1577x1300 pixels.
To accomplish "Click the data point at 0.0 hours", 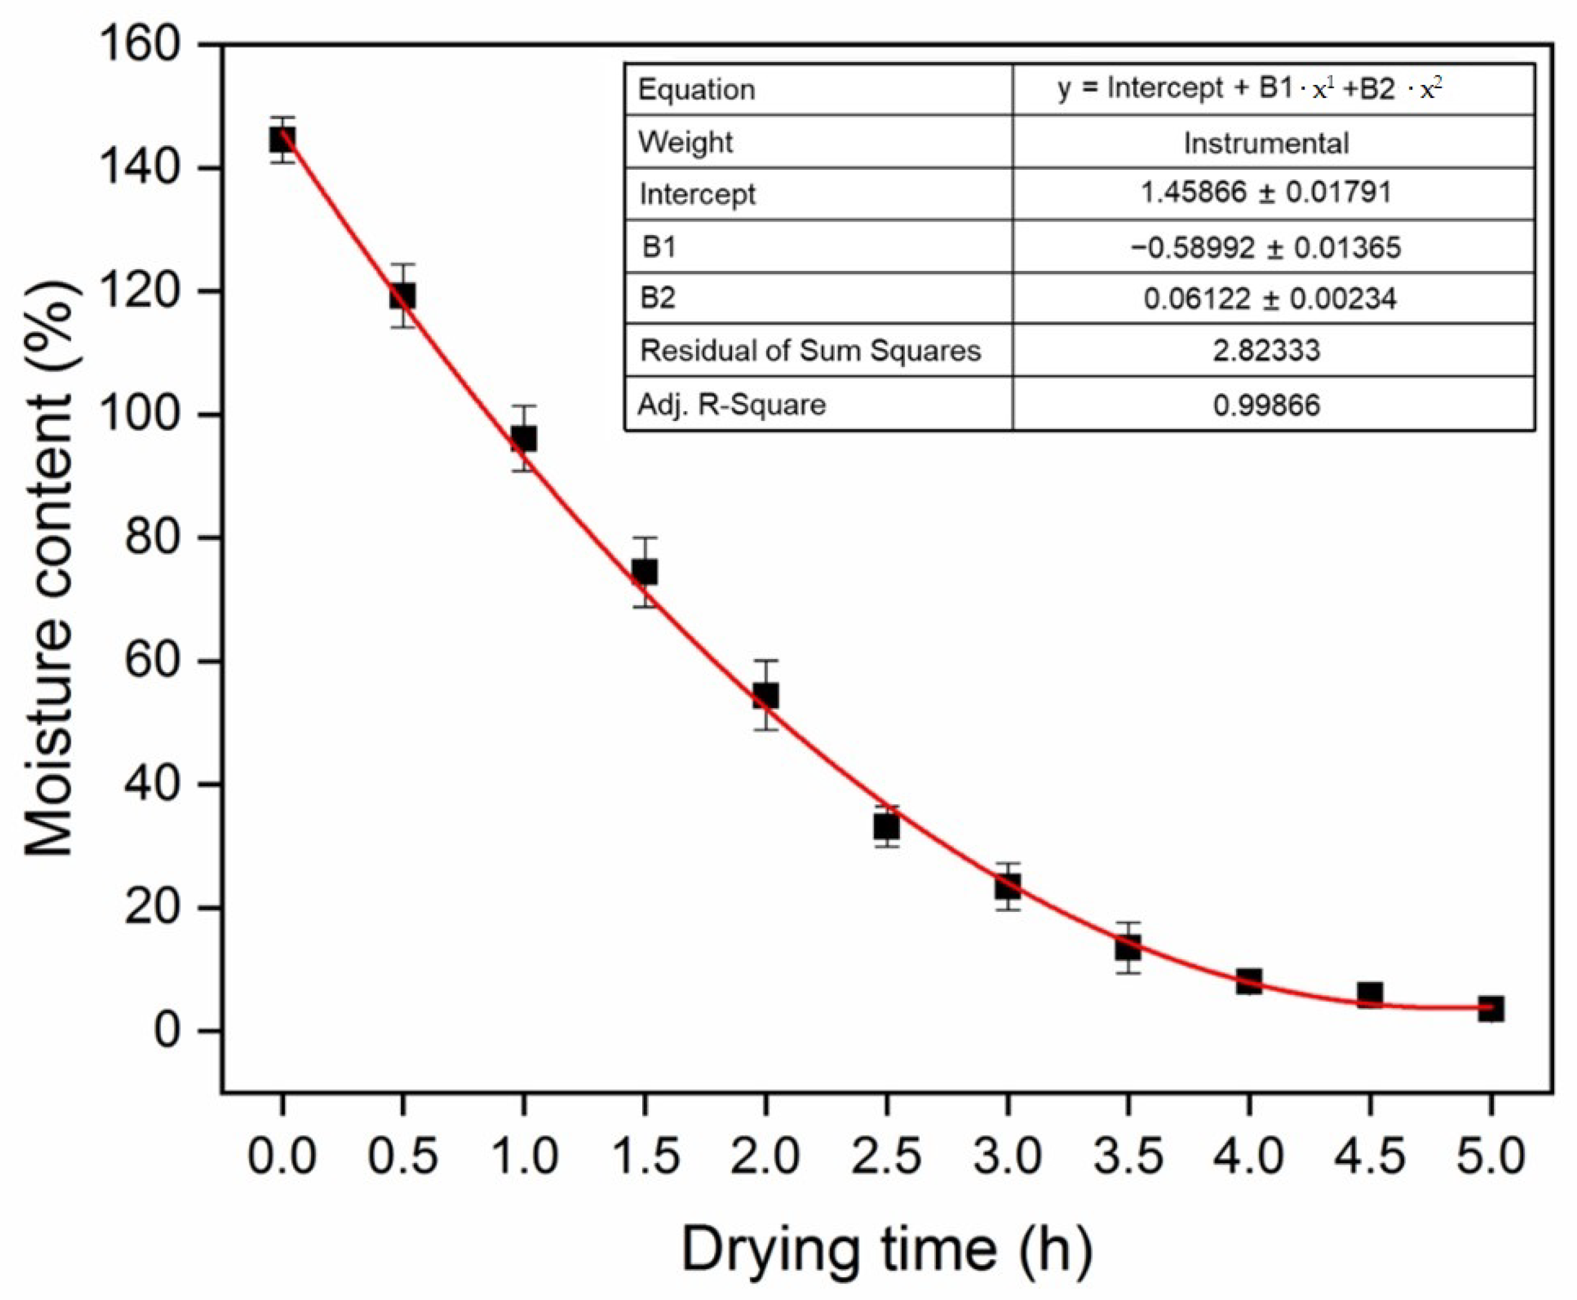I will pos(282,139).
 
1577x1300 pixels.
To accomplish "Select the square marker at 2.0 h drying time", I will pos(765,695).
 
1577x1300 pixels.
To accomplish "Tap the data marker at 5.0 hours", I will pos(1491,1009).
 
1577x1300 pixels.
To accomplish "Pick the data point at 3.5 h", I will pos(1128,947).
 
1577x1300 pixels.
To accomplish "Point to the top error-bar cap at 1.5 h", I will pos(645,538).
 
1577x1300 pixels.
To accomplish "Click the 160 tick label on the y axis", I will pos(140,45).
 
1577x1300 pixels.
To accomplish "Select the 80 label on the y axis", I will pos(152,538).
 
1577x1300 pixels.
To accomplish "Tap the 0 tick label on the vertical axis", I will pos(167,1030).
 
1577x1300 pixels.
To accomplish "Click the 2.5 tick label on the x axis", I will pos(887,1155).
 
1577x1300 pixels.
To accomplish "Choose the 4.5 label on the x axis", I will pos(1369,1155).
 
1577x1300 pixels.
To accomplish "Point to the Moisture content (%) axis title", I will pos(50,569).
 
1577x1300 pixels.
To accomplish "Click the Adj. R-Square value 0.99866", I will pos(1266,405).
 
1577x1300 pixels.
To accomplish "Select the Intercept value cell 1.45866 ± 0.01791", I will pos(1266,193).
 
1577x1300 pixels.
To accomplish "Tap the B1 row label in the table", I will pos(660,246).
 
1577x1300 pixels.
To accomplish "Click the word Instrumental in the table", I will pos(1266,143).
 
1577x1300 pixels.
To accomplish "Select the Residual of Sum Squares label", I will pos(810,350).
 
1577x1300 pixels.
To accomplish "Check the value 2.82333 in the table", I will pos(1266,350).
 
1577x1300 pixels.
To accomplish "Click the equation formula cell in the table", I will pos(1250,89).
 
